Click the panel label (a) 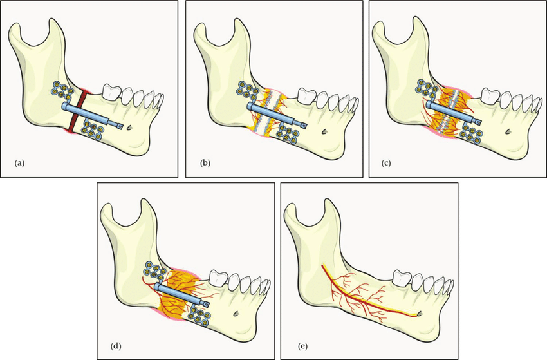click(19, 163)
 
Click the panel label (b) click(205, 163)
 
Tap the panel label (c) click(386, 163)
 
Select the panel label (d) click(116, 346)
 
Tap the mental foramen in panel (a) click(129, 128)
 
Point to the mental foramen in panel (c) click(508, 131)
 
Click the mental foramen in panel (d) click(236, 314)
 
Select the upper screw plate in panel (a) click(63, 90)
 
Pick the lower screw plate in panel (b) click(286, 135)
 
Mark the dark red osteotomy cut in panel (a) click(77, 111)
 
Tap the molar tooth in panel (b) click(306, 97)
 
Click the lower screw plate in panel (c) click(471, 135)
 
